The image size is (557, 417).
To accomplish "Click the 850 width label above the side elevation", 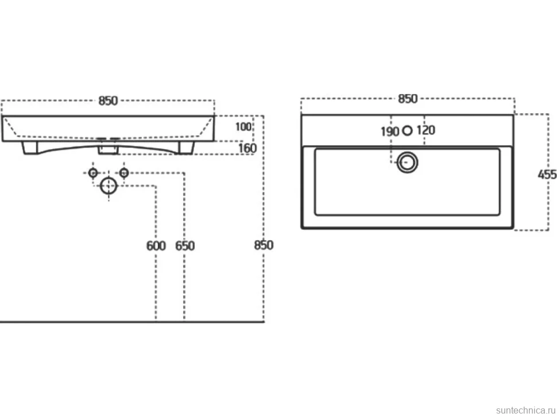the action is (108, 101).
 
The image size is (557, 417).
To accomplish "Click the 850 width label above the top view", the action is (408, 99).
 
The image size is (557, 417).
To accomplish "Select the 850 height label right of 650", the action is (264, 245).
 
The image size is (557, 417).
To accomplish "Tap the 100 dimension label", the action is (243, 127).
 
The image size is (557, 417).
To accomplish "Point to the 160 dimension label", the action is (247, 148).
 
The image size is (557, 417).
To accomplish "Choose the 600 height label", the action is (156, 246).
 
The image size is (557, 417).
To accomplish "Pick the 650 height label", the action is (185, 246).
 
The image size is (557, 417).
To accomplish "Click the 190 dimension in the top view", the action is (390, 132).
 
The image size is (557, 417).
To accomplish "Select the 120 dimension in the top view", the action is (426, 130).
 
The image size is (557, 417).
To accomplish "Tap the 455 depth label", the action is (547, 175).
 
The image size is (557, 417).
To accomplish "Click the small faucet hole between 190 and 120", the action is (408, 131).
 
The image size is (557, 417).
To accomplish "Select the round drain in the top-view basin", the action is (407, 163).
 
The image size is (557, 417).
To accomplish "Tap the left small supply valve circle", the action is (93, 173).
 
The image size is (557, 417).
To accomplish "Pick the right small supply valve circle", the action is (123, 173).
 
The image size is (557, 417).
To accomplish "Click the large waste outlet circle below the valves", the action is (109, 186).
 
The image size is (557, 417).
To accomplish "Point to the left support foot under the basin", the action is (30, 148).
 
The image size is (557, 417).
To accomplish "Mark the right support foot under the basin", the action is (186, 148).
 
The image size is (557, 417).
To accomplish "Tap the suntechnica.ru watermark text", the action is (526, 410).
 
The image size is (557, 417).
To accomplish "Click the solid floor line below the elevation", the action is (132, 322).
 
